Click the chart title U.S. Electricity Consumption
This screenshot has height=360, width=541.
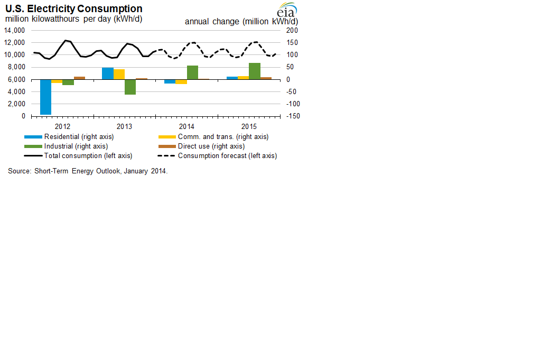[73, 9]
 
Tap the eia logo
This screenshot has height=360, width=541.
[287, 11]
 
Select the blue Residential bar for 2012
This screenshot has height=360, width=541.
[45, 97]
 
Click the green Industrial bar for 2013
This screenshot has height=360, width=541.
[130, 87]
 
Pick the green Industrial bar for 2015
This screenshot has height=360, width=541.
[254, 71]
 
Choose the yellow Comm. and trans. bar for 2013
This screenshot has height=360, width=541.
[119, 74]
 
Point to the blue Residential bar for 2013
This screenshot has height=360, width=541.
[107, 73]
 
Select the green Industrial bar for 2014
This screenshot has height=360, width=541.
[192, 72]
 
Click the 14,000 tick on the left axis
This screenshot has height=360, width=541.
[14, 30]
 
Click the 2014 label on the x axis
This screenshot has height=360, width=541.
[186, 127]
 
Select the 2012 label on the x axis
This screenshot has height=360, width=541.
[62, 127]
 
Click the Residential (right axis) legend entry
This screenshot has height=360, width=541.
[79, 137]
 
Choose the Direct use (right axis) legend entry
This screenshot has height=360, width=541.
[211, 146]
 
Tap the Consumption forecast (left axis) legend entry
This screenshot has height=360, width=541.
[227, 156]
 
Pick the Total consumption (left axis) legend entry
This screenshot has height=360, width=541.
[88, 156]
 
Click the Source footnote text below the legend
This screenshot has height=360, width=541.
[88, 171]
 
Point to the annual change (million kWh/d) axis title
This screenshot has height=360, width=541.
[241, 22]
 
